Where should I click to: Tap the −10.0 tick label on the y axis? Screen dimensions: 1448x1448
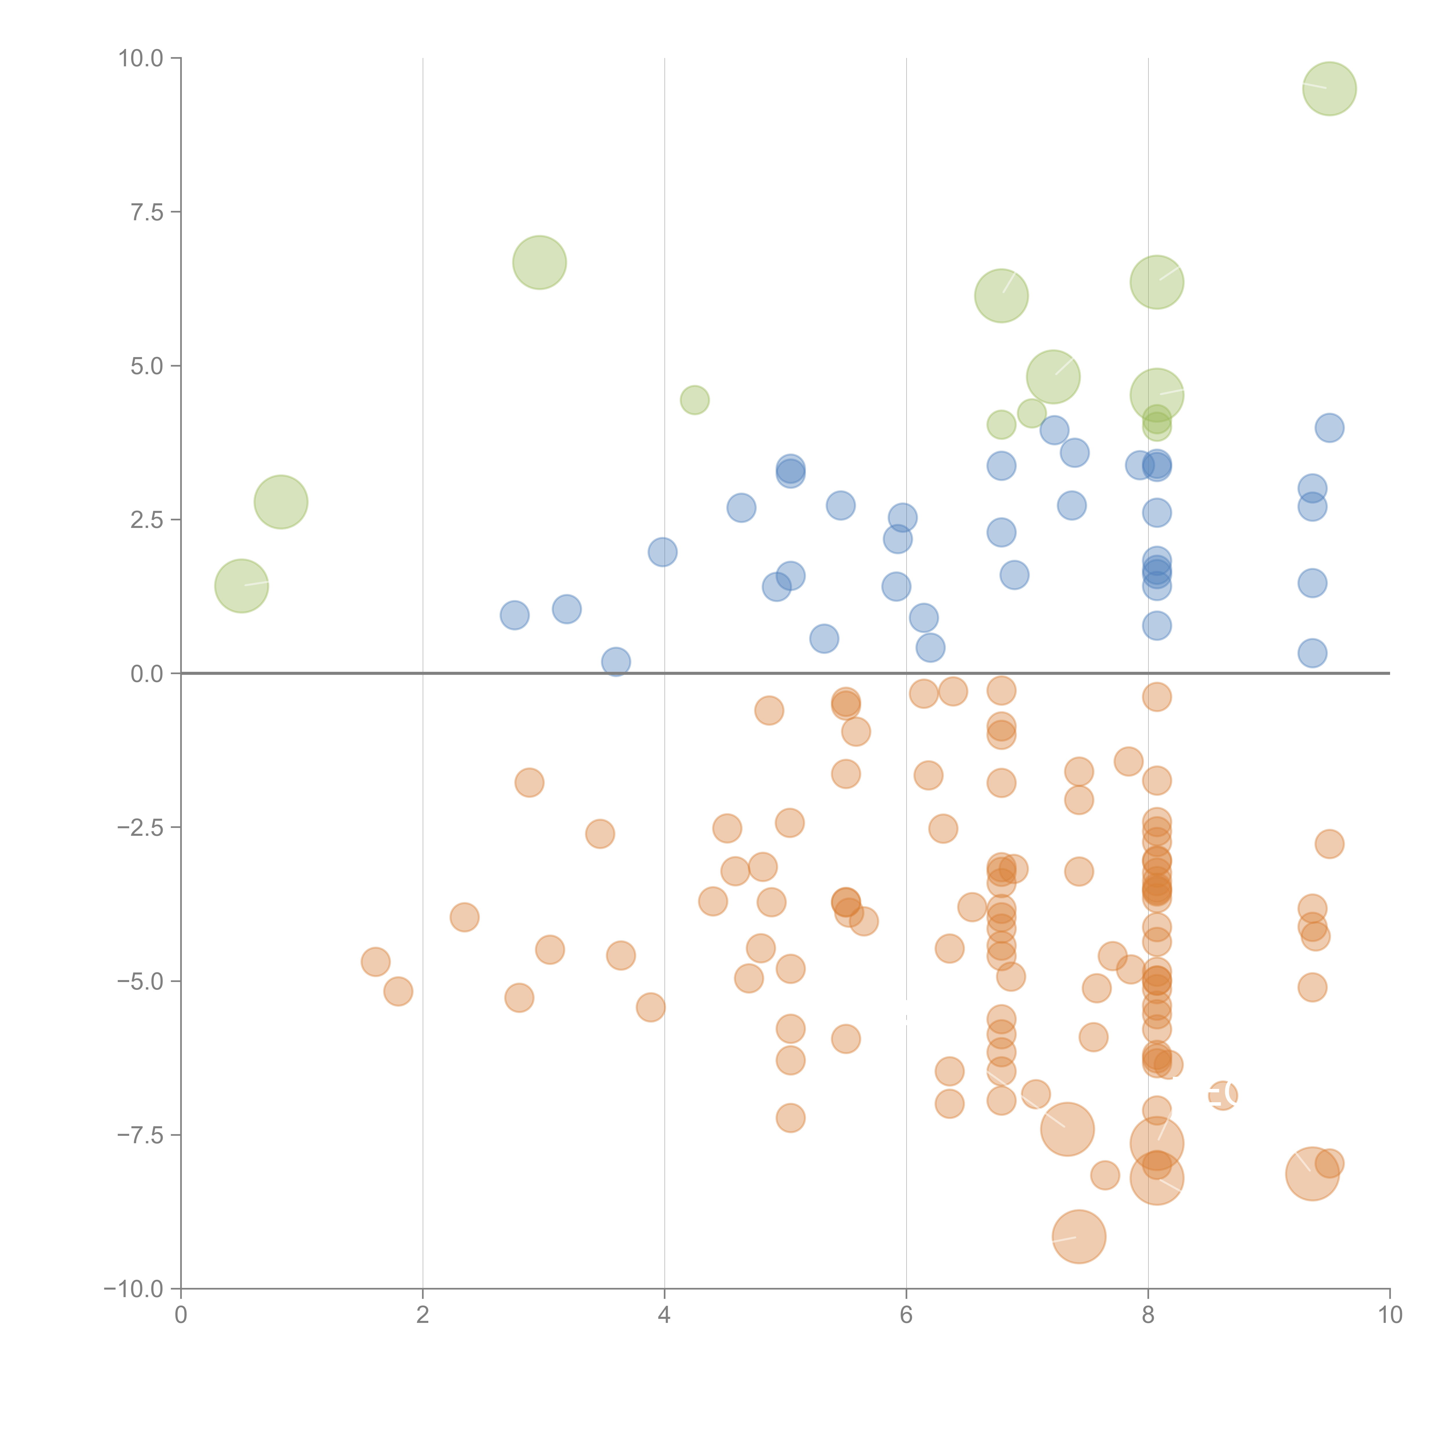134,1289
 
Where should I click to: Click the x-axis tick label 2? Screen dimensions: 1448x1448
423,1315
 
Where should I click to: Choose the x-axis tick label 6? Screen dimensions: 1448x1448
906,1315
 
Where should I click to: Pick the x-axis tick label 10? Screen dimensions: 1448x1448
1390,1315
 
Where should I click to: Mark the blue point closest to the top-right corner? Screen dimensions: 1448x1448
1329,428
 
